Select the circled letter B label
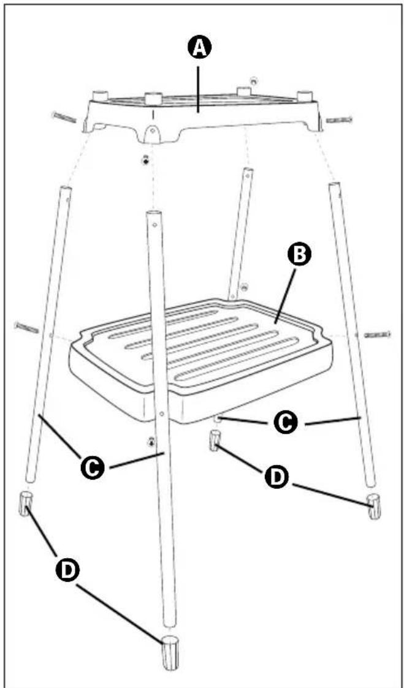[300, 256]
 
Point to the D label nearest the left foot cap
[67, 570]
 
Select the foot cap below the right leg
[374, 506]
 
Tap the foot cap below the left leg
[26, 504]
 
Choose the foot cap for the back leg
[215, 440]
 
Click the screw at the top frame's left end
[64, 117]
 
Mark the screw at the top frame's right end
[339, 119]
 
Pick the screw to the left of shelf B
[27, 327]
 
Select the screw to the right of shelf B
[377, 335]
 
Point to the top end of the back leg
[248, 170]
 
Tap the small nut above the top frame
[253, 81]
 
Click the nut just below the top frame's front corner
[146, 161]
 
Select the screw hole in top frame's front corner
[151, 130]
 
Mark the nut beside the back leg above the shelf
[245, 287]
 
